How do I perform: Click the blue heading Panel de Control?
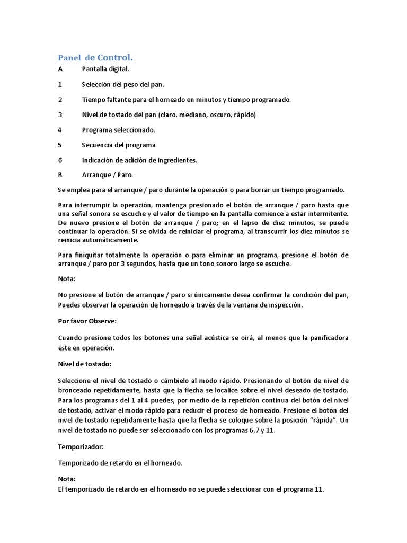(95, 57)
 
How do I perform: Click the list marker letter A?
(60, 69)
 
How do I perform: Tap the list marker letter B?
(60, 174)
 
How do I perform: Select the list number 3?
(60, 115)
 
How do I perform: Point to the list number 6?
(60, 160)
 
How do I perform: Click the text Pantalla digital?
(105, 69)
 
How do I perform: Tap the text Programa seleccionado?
(119, 129)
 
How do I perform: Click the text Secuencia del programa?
(119, 145)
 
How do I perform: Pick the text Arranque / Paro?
(108, 174)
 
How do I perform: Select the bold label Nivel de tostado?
(85, 364)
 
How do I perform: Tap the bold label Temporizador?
(81, 447)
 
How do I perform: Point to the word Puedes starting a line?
(69, 305)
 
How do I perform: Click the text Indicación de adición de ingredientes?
(139, 160)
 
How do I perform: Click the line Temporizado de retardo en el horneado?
(120, 463)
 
